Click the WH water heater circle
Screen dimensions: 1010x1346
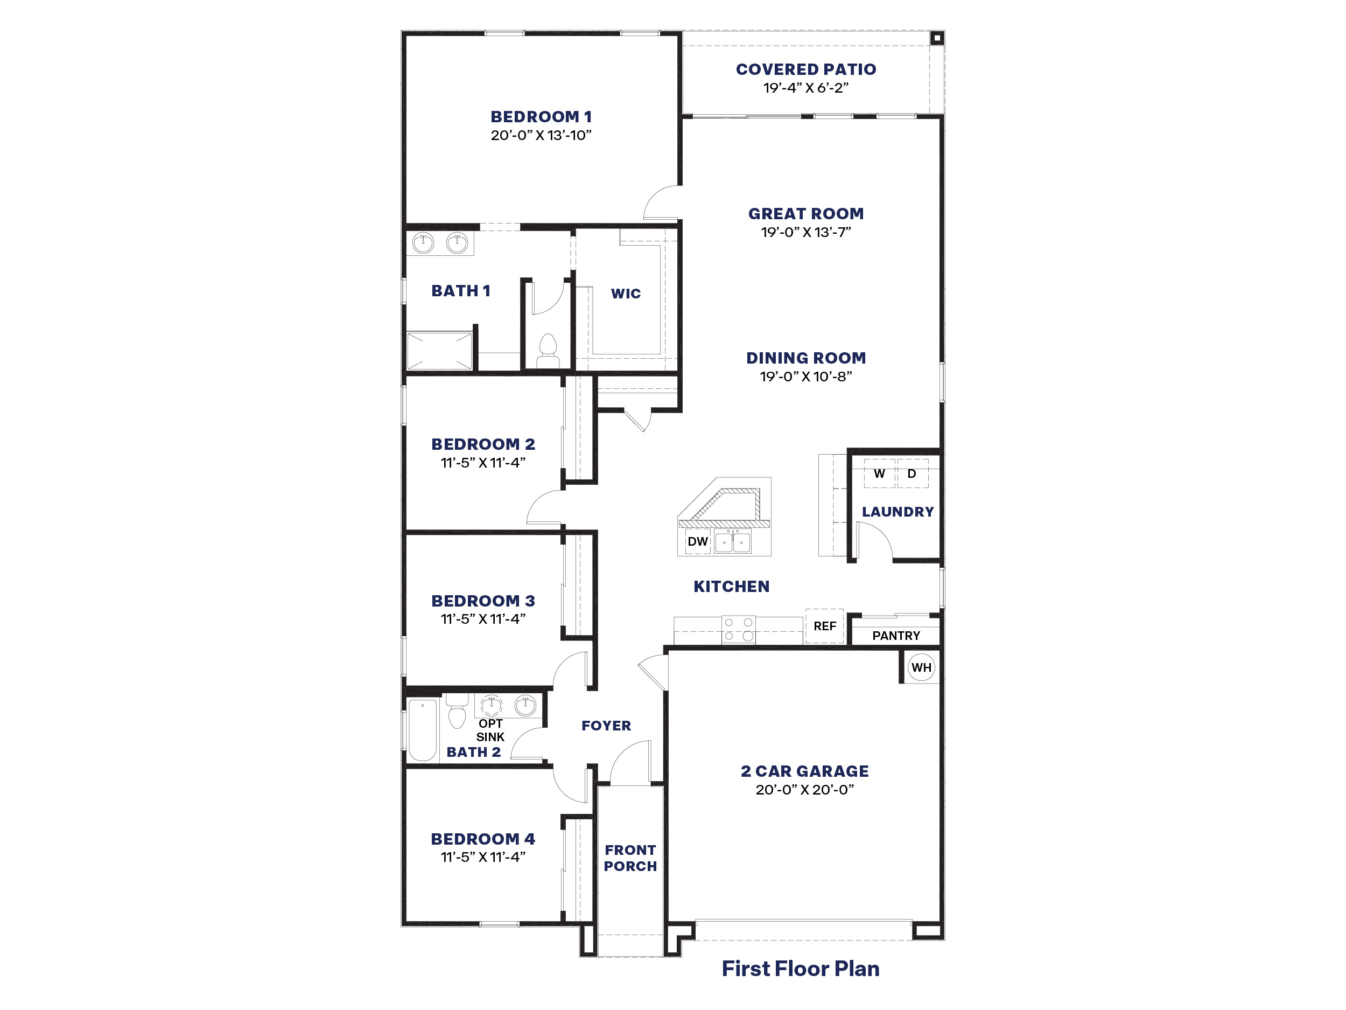point(921,667)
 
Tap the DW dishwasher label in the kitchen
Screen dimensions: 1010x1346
point(697,541)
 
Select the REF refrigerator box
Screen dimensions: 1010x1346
point(824,626)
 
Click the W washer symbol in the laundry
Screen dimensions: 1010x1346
point(879,473)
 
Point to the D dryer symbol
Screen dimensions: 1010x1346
point(912,473)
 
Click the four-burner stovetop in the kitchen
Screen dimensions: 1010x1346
point(738,630)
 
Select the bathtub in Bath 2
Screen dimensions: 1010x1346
point(422,729)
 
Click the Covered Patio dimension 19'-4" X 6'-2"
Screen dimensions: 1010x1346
point(805,88)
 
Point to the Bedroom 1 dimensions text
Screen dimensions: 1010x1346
point(541,135)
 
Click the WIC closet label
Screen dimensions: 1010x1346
point(626,294)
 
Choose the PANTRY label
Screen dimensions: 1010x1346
point(896,636)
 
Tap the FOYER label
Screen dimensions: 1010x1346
point(606,726)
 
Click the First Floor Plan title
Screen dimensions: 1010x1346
point(800,969)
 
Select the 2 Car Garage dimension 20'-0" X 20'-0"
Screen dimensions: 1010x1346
point(804,790)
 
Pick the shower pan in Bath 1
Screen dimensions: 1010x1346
point(439,351)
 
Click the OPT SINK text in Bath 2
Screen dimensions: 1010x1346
point(490,730)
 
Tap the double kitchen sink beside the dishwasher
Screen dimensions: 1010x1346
point(733,541)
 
